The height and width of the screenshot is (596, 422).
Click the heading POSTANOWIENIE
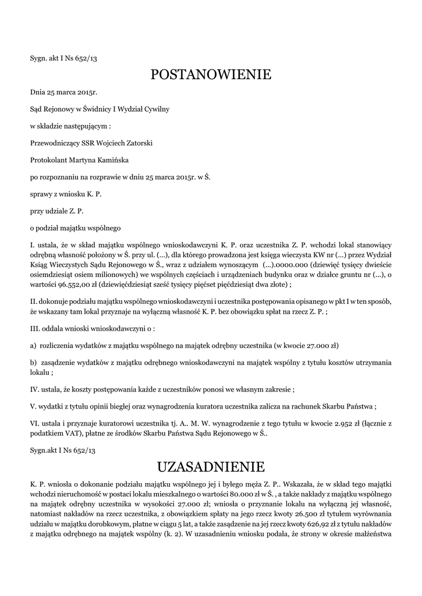[211, 74]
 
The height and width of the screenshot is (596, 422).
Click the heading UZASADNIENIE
[211, 467]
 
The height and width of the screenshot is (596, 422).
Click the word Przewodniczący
[56, 143]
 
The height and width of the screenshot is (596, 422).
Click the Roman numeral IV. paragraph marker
[34, 389]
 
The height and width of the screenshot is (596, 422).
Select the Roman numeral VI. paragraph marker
[34, 424]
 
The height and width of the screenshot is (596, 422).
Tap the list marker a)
[33, 345]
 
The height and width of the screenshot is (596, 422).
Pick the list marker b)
[33, 363]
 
